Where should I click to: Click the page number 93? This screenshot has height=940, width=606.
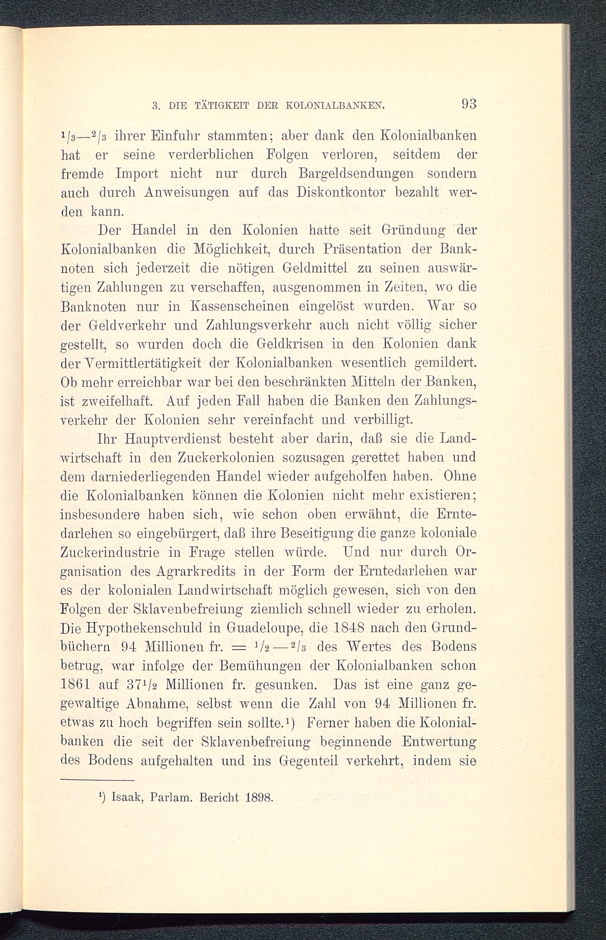(x=469, y=104)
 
